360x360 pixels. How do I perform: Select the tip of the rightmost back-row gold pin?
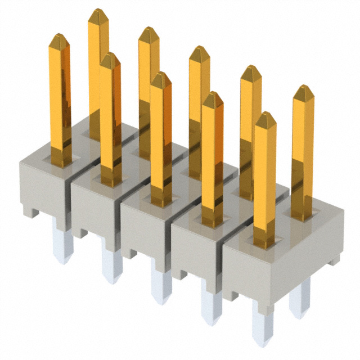(303, 89)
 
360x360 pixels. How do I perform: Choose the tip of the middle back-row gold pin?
(199, 50)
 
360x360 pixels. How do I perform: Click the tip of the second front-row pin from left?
(110, 56)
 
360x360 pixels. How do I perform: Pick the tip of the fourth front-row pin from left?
(212, 96)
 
